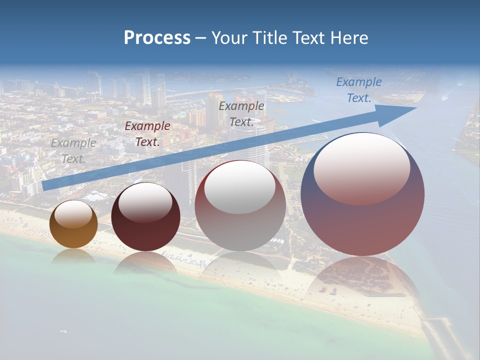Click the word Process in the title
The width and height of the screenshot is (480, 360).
pyautogui.click(x=157, y=38)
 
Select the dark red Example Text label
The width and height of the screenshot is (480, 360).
pyautogui.click(x=147, y=133)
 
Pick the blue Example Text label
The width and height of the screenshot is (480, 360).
pyautogui.click(x=358, y=89)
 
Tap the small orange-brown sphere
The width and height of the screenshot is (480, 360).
pyautogui.click(x=73, y=224)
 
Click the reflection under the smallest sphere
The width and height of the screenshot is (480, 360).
pyautogui.click(x=73, y=255)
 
